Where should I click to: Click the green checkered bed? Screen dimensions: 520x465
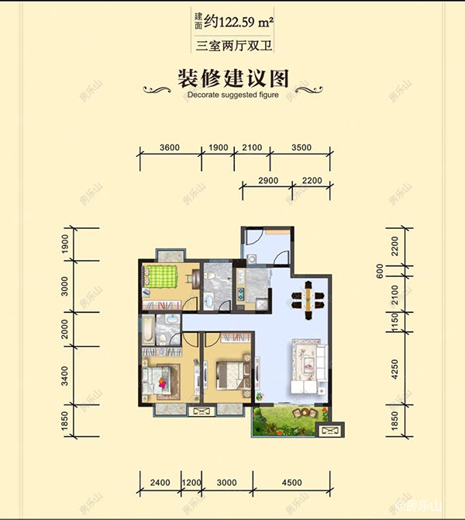click(x=164, y=278)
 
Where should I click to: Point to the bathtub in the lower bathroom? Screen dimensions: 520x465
click(x=147, y=331)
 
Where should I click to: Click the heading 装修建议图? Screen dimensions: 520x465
click(x=233, y=78)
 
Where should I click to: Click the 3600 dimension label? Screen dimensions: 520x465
click(x=169, y=148)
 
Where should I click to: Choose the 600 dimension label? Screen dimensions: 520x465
click(x=380, y=271)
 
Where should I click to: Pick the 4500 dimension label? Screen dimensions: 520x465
click(x=291, y=483)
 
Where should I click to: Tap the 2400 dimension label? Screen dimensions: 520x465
click(x=160, y=483)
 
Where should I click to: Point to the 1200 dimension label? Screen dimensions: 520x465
click(x=191, y=483)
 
